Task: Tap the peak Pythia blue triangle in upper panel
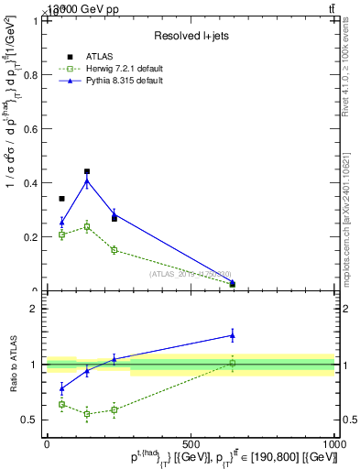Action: tap(87, 180)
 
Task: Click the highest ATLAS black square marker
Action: tap(87, 171)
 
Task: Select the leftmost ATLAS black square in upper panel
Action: tap(61, 199)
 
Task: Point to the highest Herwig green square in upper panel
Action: tap(87, 226)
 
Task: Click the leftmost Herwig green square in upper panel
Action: tap(61, 234)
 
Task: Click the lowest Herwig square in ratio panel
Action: tap(87, 414)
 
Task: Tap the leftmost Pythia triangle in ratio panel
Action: tap(61, 388)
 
